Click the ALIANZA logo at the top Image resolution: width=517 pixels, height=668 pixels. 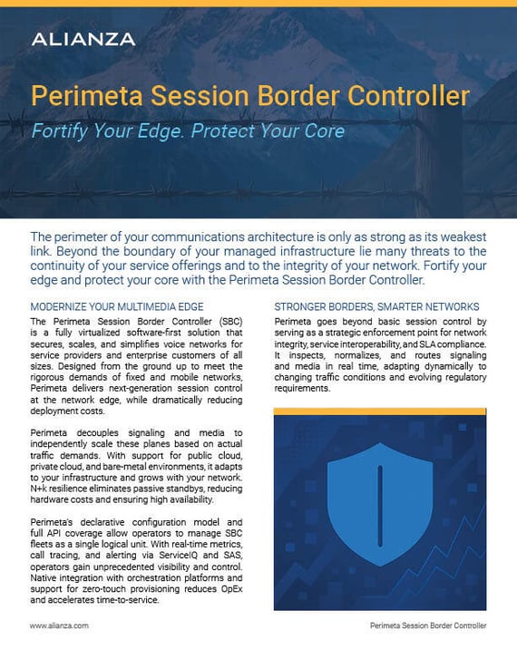83,39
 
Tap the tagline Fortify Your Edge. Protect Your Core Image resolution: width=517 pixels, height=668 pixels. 188,130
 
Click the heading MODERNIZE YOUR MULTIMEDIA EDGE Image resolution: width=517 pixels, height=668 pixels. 117,306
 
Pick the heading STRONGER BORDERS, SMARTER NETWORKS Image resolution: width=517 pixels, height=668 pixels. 376,306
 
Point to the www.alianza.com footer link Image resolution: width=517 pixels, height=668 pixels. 59,625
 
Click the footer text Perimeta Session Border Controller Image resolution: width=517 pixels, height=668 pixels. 428,625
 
